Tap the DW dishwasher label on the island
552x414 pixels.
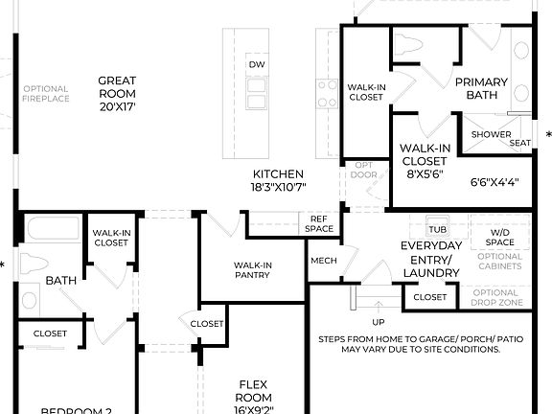(x=256, y=64)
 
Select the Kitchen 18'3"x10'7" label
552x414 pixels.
(x=278, y=181)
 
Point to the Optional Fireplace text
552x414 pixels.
(x=46, y=94)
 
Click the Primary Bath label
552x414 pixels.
(x=481, y=88)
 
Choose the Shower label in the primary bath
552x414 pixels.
(x=490, y=135)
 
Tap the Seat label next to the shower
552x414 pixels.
(x=520, y=143)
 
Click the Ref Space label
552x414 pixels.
(x=319, y=223)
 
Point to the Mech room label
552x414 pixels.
(x=323, y=261)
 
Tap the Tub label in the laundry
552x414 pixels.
(x=438, y=230)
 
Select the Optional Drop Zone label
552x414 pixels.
(x=495, y=298)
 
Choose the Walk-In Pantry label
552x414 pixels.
(x=253, y=269)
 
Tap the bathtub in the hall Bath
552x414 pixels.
(x=53, y=229)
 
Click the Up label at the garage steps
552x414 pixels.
(x=379, y=323)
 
